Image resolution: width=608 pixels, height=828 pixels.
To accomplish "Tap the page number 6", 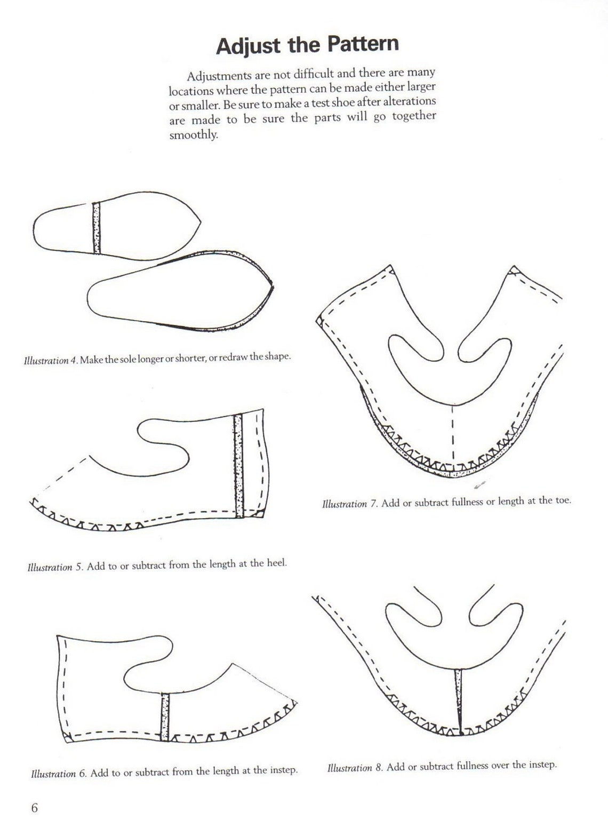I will click(x=35, y=807).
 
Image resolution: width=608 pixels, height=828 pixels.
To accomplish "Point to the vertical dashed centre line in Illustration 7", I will click(x=452, y=432).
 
